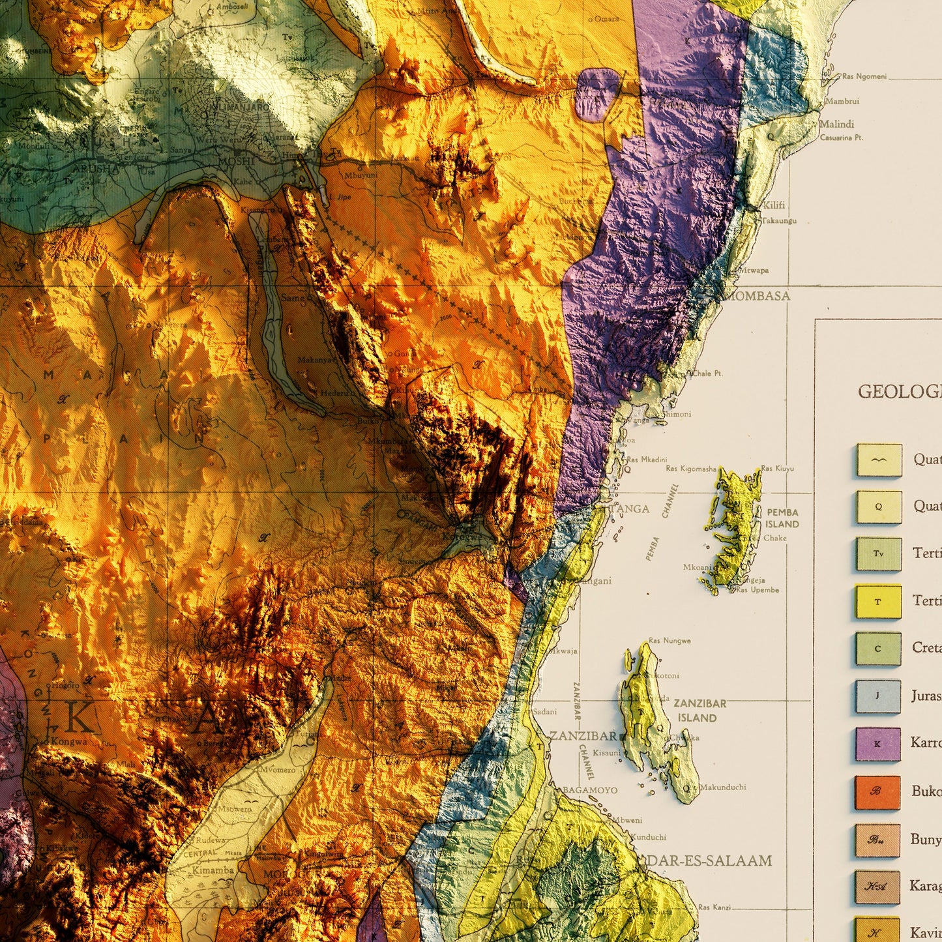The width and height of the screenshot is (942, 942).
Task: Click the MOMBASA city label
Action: [x=759, y=296]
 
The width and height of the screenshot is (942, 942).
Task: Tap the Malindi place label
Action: [x=836, y=124]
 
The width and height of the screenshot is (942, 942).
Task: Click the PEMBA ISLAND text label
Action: [x=782, y=518]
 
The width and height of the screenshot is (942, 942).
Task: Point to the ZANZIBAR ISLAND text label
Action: [x=699, y=711]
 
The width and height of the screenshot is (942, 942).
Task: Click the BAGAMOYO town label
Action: [x=589, y=790]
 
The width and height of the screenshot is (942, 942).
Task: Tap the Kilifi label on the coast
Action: [x=774, y=205]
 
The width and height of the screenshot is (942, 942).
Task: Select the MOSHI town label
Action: [x=235, y=161]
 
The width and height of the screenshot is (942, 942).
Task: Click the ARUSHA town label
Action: [x=95, y=168]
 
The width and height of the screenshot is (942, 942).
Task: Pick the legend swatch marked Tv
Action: [x=879, y=554]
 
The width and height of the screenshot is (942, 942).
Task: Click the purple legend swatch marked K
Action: [x=877, y=744]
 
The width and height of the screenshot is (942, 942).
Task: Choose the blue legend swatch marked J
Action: [x=877, y=696]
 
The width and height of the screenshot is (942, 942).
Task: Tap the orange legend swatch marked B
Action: [x=877, y=792]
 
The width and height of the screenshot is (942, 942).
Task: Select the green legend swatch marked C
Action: [x=877, y=649]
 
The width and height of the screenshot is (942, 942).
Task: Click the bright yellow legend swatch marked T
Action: [x=878, y=602]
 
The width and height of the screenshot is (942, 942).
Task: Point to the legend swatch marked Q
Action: [x=879, y=507]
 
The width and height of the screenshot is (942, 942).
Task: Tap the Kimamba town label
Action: [x=213, y=870]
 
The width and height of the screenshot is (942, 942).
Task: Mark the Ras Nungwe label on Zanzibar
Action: [x=670, y=641]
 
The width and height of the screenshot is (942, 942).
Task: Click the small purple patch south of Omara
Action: [x=596, y=94]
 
